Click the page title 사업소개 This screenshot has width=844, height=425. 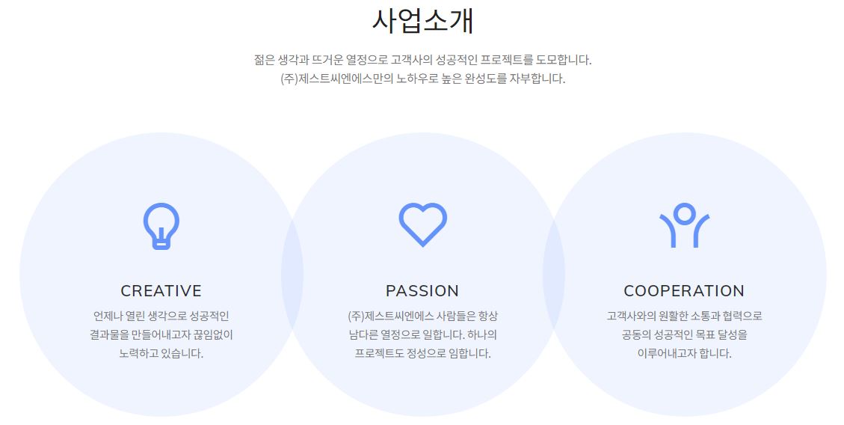pos(422,20)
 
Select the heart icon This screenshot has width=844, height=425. pos(422,224)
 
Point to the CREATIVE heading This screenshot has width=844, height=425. pos(161,291)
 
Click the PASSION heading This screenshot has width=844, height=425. pos(422,291)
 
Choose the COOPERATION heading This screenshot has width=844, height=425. pos(684,291)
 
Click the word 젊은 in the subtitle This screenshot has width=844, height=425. pos(265,60)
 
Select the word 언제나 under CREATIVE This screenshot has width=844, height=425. pos(108,317)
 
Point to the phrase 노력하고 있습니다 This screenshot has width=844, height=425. pos(161,354)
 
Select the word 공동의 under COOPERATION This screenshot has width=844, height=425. pos(636,335)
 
